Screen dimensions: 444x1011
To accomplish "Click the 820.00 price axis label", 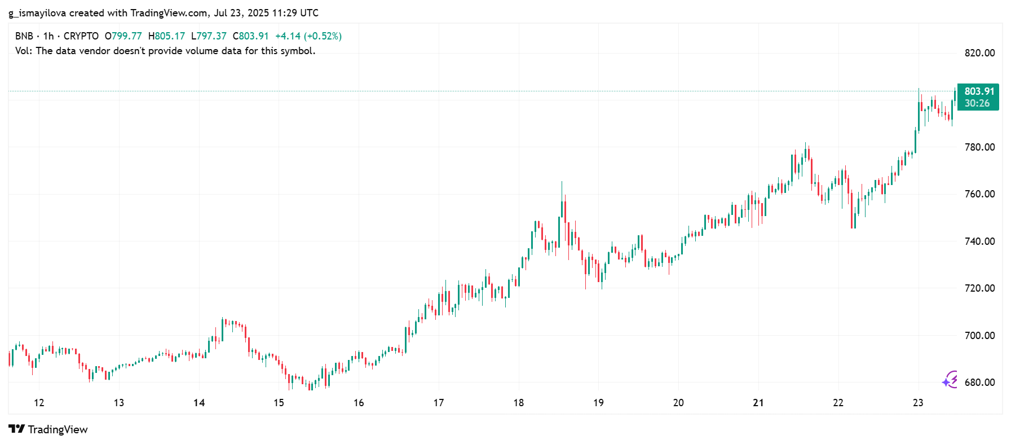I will pos(979,53).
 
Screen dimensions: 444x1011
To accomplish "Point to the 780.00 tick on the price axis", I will pos(979,147).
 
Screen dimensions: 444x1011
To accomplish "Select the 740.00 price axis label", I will pos(979,241).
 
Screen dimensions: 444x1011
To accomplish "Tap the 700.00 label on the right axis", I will pos(979,336).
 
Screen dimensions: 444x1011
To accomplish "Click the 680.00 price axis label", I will pos(979,383).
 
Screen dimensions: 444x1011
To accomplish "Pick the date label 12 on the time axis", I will pos(39,403).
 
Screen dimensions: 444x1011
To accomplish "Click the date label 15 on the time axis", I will pos(279,403).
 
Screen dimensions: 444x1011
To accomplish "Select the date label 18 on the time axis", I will pos(518,403).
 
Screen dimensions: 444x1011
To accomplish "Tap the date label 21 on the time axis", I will pos(758,403).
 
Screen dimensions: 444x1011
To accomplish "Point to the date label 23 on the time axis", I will pos(918,403).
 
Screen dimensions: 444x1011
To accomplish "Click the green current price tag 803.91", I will pos(979,91).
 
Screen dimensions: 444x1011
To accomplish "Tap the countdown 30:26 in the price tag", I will pos(977,103).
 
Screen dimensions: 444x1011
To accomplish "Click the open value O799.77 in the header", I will pos(123,36).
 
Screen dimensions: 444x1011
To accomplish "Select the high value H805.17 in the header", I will pos(166,36).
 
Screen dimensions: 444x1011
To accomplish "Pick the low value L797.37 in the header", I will pos(209,36).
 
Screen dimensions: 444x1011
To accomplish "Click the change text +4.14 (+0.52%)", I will pos(308,36).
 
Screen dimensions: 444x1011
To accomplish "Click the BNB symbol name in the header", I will pos(24,36).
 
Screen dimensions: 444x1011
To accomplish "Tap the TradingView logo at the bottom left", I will pos(48,429).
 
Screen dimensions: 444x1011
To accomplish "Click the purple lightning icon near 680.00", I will pos(950,380).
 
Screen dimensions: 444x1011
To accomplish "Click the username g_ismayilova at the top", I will pos(37,13).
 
